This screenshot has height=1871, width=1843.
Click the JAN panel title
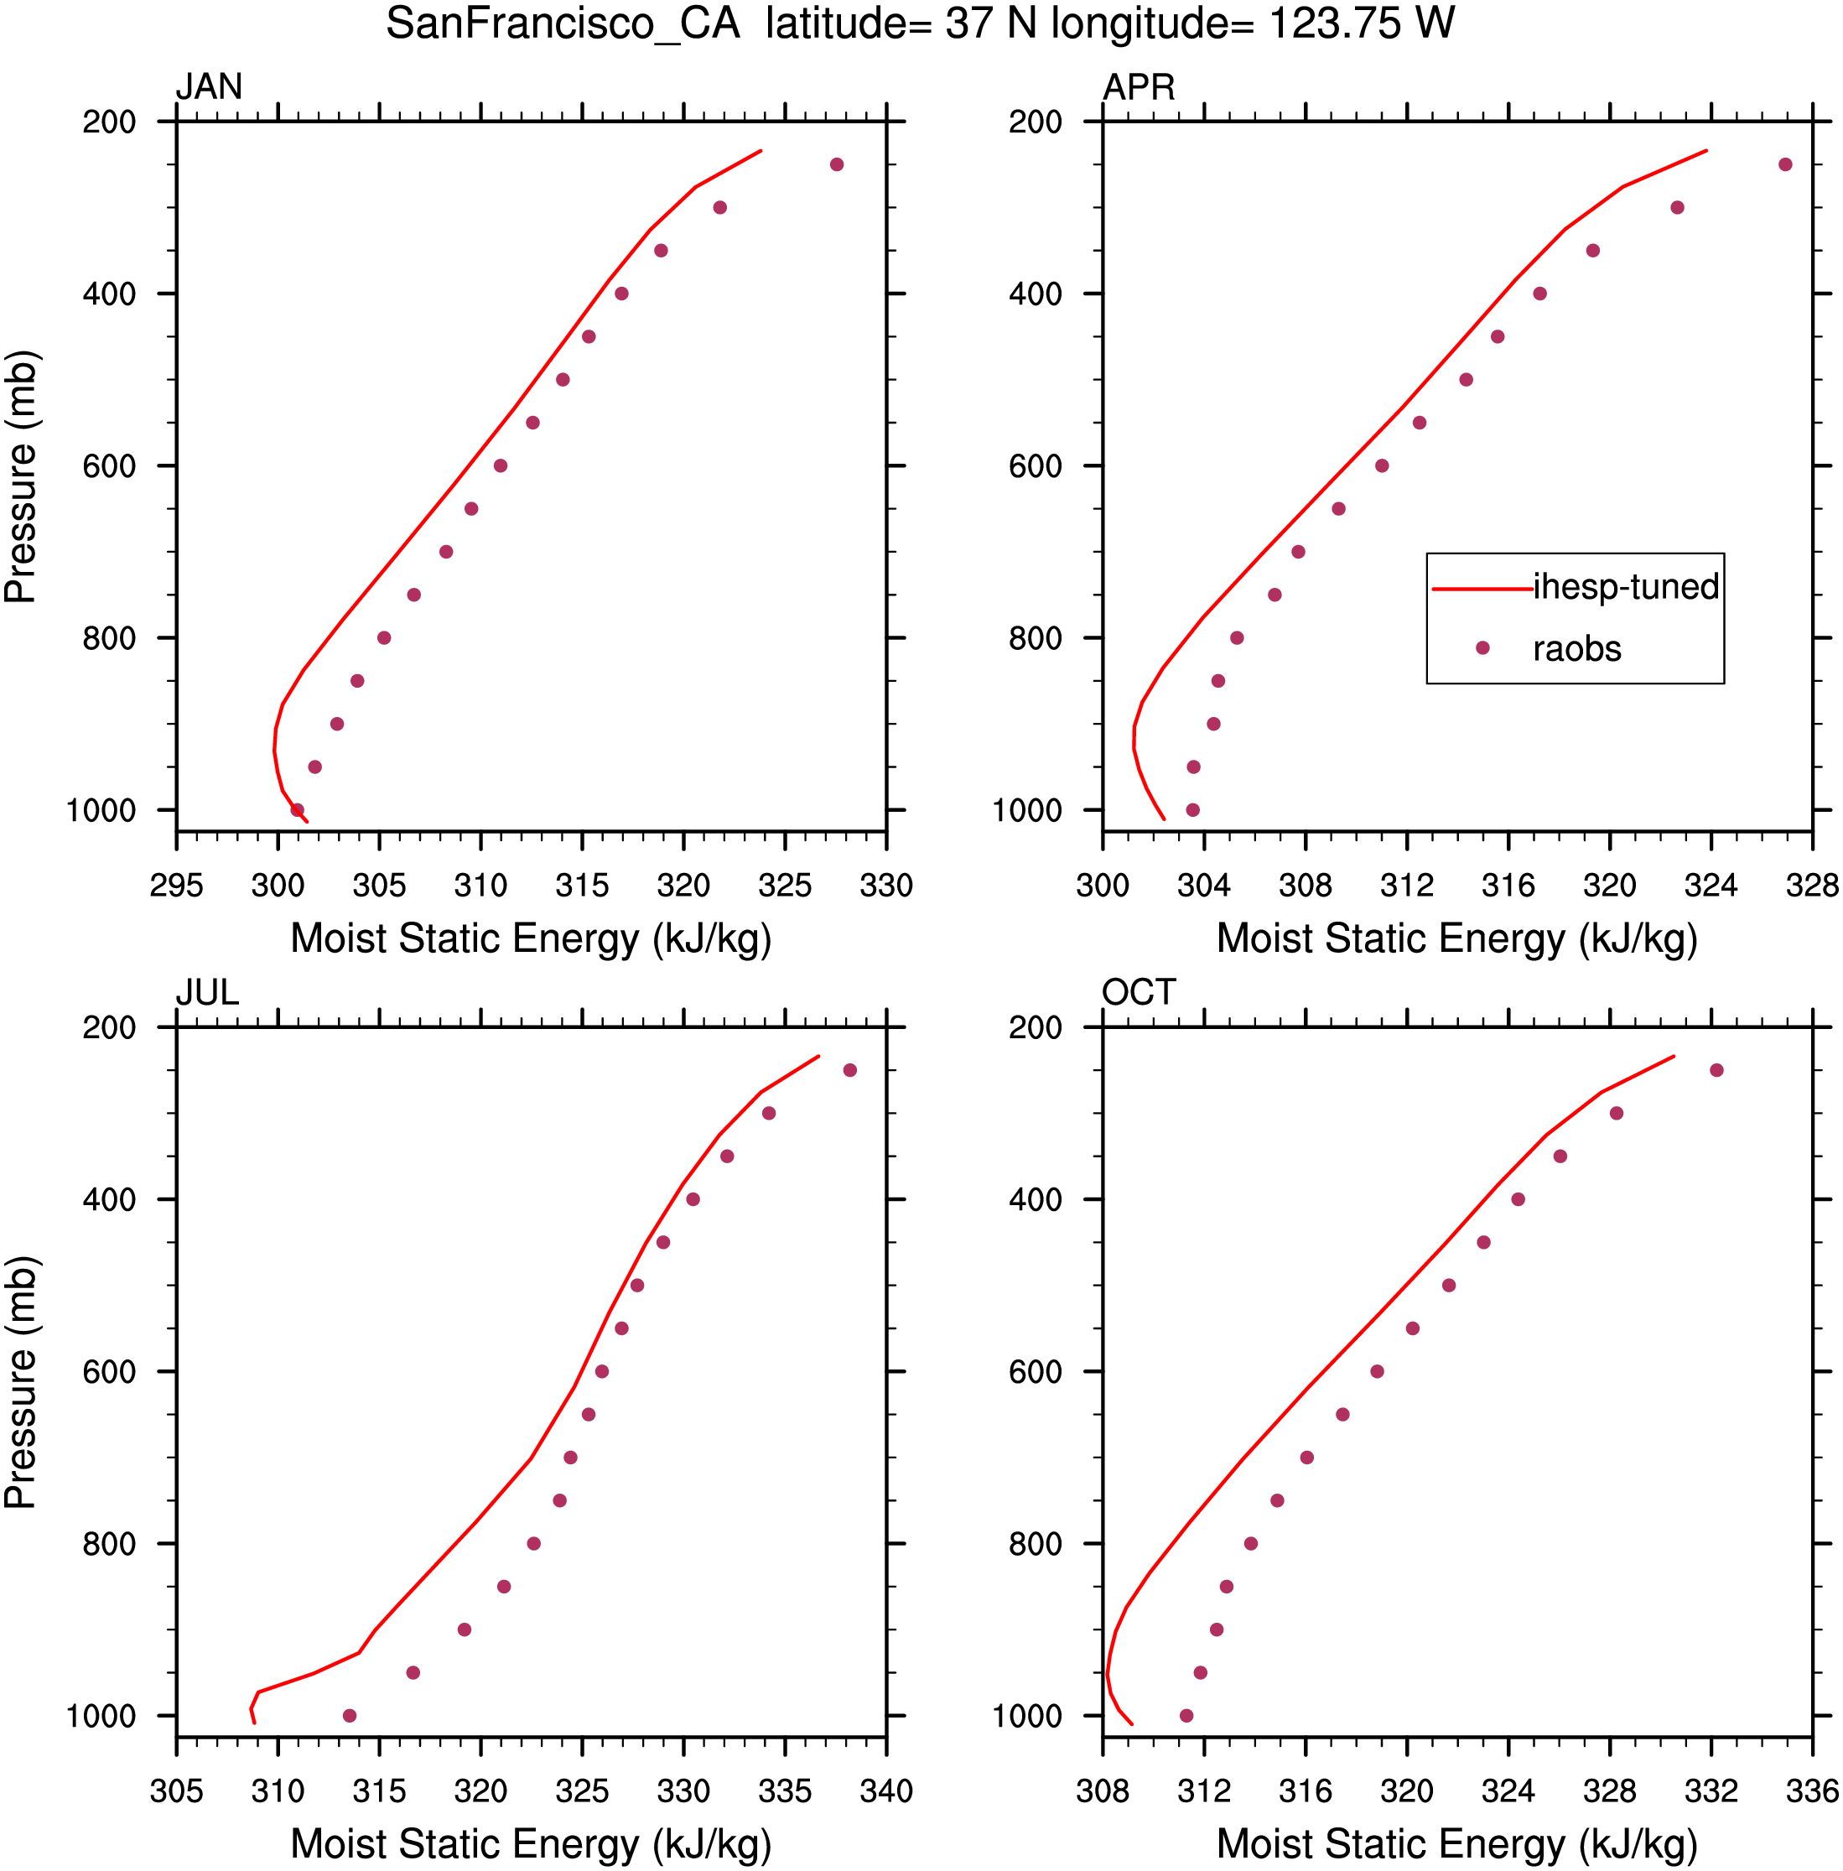point(208,87)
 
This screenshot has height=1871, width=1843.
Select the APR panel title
point(1139,87)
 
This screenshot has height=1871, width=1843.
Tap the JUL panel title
point(207,992)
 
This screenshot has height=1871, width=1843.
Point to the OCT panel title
point(1139,992)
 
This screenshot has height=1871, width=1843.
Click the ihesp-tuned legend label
point(1625,586)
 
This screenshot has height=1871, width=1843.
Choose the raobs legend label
point(1577,648)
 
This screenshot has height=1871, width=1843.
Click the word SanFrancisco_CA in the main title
point(563,23)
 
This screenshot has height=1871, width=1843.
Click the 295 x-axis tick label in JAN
point(176,885)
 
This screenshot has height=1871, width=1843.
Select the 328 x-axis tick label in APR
point(1812,885)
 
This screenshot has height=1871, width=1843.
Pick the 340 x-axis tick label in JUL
point(885,1790)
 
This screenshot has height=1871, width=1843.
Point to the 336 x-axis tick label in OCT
point(1812,1790)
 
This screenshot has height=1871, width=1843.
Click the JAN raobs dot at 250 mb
point(836,164)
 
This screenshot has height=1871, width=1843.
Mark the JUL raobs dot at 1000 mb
point(350,1716)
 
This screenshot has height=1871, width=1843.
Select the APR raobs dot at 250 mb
point(1785,164)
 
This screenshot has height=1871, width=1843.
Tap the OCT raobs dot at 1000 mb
point(1186,1716)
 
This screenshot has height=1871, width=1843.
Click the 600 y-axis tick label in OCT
point(1035,1371)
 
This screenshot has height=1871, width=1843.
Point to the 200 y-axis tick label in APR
point(1035,122)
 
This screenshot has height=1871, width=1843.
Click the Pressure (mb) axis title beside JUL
point(20,1382)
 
